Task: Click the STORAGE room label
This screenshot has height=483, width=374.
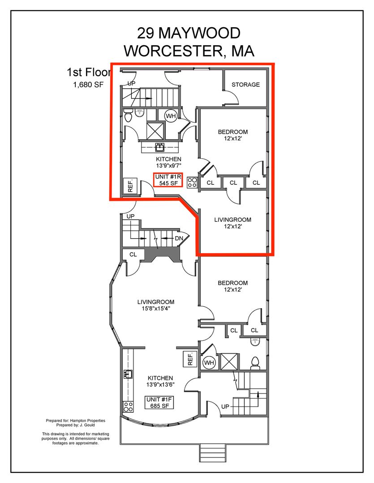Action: coord(245,85)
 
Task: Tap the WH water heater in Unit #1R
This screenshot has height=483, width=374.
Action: coord(171,116)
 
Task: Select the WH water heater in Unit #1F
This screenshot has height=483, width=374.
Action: coord(209,363)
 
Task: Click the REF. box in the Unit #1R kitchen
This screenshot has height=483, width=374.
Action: coord(130,186)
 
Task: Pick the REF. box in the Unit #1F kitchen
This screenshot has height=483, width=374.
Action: coord(190,359)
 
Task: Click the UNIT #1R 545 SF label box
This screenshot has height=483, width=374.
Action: coord(168,180)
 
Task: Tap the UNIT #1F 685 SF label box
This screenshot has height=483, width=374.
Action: coord(159,402)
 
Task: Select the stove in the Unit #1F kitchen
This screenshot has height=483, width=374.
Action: coord(128,407)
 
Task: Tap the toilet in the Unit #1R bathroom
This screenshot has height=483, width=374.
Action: coord(128,115)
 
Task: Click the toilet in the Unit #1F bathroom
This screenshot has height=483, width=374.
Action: coord(255,363)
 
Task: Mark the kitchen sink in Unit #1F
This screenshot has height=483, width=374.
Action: coord(128,374)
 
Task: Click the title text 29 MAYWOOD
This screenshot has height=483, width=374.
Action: coord(189,33)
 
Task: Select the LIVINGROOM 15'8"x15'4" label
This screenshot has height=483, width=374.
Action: coord(156,305)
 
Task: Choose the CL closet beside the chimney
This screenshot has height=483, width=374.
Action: coord(133,254)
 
